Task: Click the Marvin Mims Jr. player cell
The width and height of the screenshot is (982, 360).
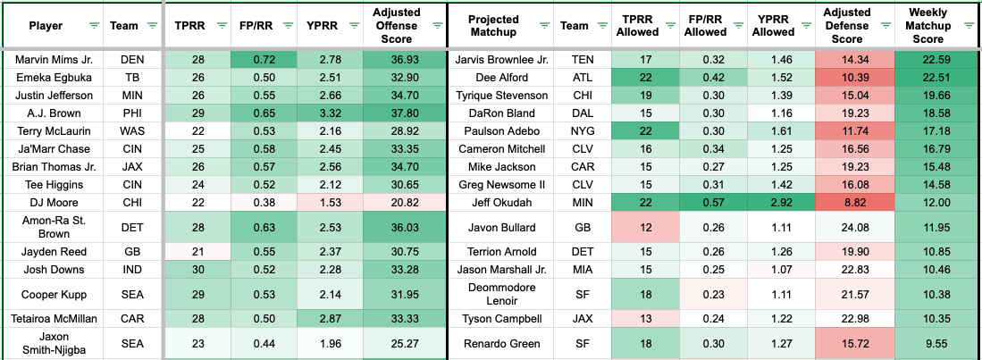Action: (51, 60)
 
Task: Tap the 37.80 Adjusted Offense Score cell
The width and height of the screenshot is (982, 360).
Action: (400, 113)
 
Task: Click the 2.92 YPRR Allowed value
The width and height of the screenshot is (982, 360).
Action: (774, 203)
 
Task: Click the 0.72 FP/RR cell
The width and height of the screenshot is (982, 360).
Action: (263, 60)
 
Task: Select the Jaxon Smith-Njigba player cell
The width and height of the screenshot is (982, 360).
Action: (51, 343)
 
